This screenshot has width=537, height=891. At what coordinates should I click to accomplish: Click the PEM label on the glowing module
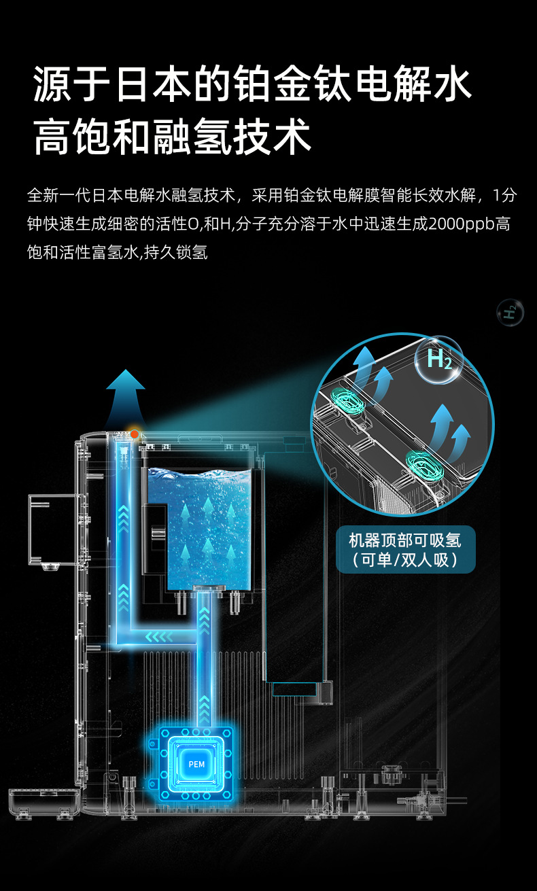[x=196, y=765]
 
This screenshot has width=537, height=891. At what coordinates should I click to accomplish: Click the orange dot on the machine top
[x=135, y=434]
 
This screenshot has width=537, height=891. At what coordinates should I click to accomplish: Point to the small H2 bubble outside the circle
[x=510, y=313]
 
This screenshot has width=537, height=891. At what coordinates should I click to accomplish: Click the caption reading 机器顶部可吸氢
[x=405, y=540]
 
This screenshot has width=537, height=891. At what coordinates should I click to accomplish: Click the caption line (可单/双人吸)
[x=405, y=560]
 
